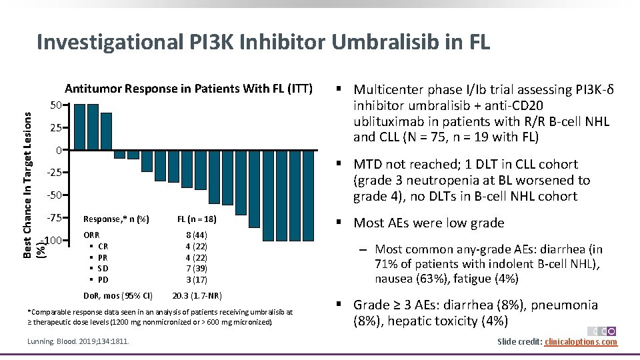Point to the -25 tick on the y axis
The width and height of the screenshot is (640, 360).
(54, 173)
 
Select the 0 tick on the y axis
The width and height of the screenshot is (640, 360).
(59, 150)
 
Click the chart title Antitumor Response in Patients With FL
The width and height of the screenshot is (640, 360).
(188, 89)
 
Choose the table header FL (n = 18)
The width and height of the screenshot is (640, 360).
(197, 219)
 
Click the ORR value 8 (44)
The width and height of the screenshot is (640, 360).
(196, 235)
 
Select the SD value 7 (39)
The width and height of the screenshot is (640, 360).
(196, 269)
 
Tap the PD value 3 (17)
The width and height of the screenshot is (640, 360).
(196, 280)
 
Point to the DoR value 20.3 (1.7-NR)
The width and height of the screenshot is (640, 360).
(197, 296)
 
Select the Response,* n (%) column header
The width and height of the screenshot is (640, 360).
(116, 219)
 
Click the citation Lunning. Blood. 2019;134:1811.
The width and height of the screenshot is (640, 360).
(79, 342)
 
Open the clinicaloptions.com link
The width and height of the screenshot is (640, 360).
(581, 342)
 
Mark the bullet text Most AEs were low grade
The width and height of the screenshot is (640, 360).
(429, 223)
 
